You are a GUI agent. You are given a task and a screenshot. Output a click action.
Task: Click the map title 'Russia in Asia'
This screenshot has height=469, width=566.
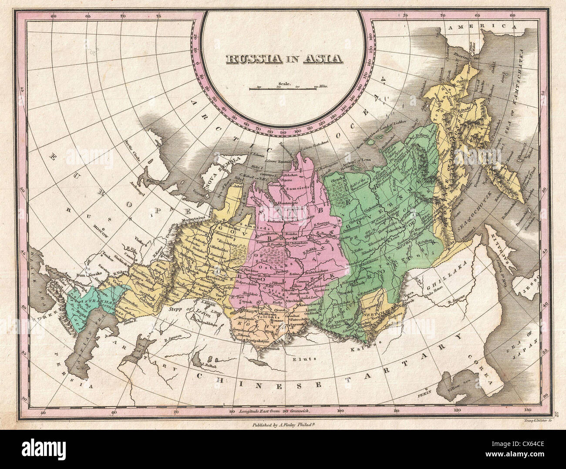[283, 58]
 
